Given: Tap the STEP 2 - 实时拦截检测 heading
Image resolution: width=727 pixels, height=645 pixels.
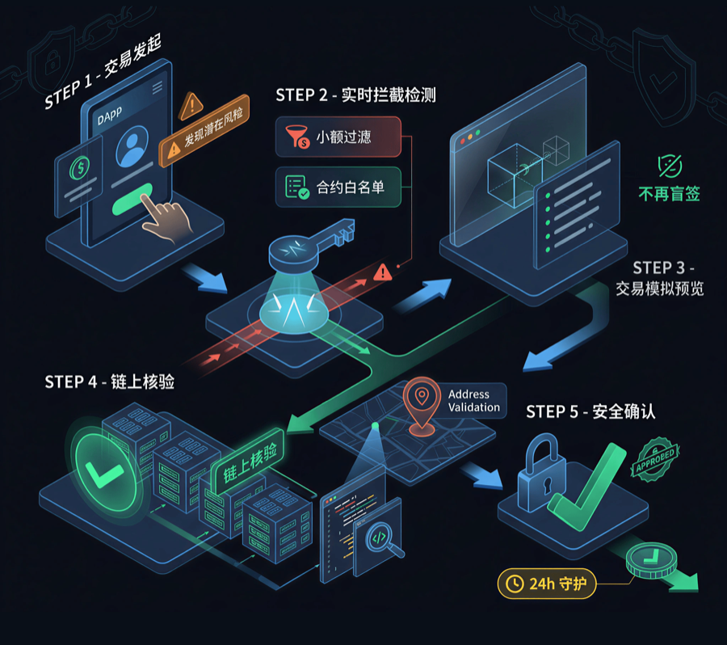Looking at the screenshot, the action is [x=355, y=95].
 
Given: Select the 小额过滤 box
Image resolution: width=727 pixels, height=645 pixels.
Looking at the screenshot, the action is [x=338, y=137].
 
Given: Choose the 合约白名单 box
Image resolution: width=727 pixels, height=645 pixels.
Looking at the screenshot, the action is [x=338, y=187].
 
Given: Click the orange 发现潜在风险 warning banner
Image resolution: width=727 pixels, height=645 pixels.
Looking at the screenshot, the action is [x=204, y=131].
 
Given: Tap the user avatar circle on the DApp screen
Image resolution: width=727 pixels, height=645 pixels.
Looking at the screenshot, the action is [x=132, y=146].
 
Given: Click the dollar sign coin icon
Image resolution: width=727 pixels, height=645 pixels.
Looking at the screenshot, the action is [x=80, y=167].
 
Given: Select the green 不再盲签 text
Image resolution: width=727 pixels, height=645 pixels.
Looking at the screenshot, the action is [x=669, y=194].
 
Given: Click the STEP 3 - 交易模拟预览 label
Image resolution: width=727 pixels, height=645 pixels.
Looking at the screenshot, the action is [x=660, y=278].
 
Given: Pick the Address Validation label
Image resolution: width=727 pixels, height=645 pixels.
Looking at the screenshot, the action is [x=474, y=401].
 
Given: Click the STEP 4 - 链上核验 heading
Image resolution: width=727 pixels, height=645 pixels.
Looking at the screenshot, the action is [x=109, y=382].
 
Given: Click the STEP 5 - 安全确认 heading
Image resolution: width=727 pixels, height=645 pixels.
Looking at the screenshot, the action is [x=590, y=411].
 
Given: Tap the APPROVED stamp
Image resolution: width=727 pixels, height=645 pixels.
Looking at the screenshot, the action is [x=655, y=459].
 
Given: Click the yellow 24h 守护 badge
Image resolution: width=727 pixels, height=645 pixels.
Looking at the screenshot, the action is [x=547, y=584].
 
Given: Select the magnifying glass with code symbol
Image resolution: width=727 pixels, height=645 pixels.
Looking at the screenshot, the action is [x=383, y=540].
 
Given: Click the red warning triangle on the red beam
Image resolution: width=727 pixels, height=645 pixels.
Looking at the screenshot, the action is [x=383, y=272].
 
